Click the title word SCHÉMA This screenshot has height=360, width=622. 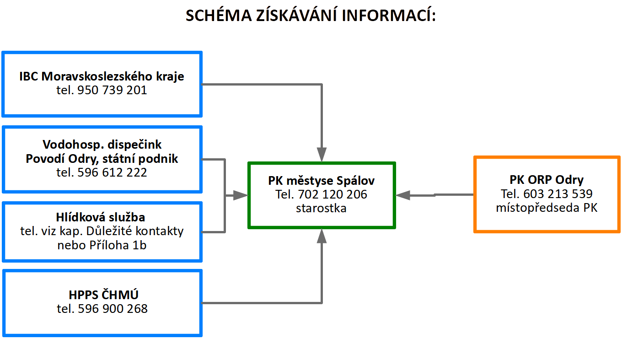pos(219,15)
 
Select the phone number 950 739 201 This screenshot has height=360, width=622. pos(112,90)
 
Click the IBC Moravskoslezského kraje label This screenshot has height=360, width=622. pos(102,76)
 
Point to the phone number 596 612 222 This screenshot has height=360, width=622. pos(112,172)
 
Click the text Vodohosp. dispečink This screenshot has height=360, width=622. pos(102,145)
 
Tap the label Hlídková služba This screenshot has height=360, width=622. pos(101,217)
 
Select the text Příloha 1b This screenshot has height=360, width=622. pos(118,245)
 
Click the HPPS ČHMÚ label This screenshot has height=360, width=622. pos(103,295)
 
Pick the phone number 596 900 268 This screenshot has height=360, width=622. pos(113,309)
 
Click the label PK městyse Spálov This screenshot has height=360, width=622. pos(321,181)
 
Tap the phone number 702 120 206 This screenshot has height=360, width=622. pos(332,194)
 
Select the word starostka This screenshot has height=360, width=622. pos(321,208)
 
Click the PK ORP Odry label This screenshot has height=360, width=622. pos(547,180)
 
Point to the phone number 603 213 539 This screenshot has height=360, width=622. pos(558,194)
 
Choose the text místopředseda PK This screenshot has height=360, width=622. pos(547,208)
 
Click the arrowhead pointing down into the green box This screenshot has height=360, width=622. pos(322,155)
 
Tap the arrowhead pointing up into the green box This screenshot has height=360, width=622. pos(322,236)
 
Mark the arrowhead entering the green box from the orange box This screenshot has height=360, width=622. pos(403,195)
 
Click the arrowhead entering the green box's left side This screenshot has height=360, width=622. pos(241,195)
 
